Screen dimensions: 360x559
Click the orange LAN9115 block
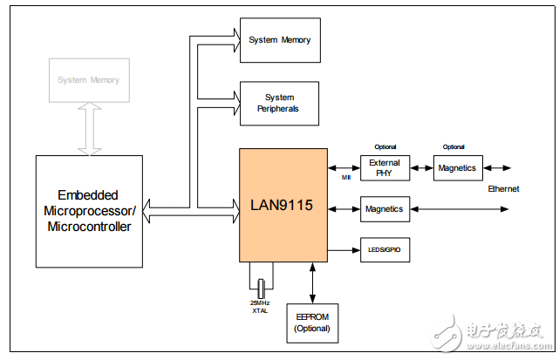click(283, 205)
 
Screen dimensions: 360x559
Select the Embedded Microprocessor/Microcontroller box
click(89, 211)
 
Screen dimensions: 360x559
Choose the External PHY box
click(385, 168)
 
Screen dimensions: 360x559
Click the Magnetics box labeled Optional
click(458, 168)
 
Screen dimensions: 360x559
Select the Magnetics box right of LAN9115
click(385, 209)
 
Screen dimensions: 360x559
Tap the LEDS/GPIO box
click(385, 250)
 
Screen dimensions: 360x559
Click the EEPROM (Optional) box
click(312, 323)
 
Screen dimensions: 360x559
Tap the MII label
click(346, 177)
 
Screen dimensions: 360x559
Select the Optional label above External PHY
click(385, 146)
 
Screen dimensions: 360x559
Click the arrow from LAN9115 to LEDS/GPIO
click(344, 250)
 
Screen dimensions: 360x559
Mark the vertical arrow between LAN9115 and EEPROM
click(311, 281)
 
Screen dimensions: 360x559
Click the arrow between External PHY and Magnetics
click(421, 168)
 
